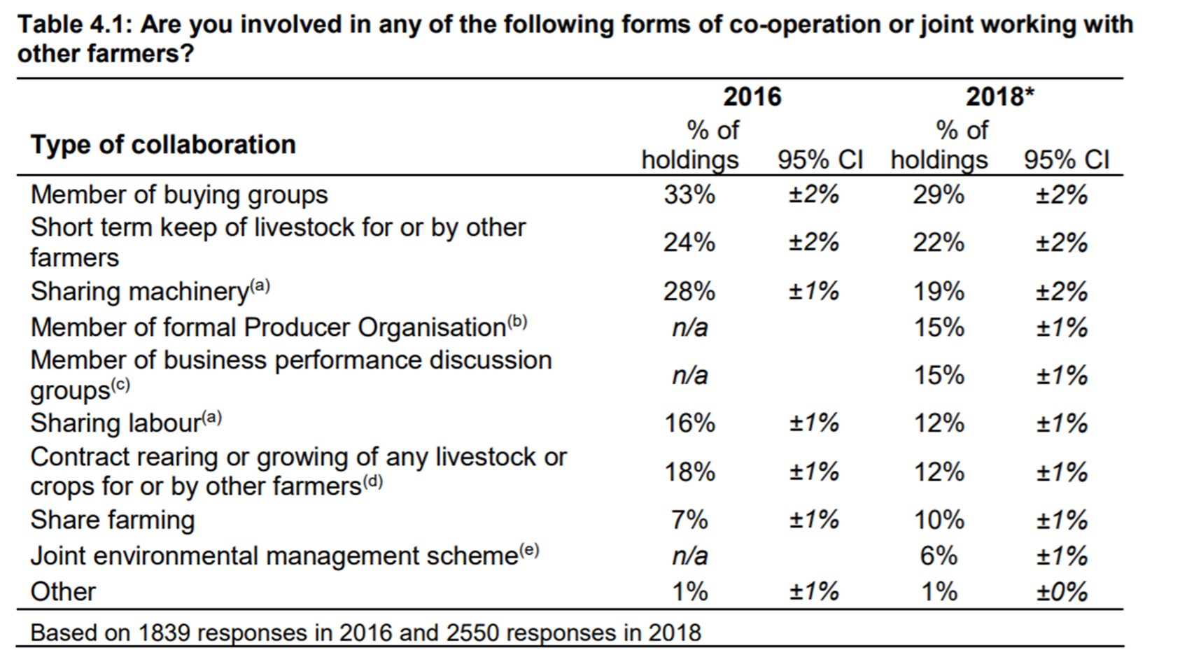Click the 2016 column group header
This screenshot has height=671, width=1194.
752,97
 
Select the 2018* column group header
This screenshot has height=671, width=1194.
999,97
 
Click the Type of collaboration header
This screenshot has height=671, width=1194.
163,145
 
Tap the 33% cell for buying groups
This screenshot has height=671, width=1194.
689,195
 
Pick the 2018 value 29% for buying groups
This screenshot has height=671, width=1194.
938,195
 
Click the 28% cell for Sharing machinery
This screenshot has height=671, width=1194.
689,291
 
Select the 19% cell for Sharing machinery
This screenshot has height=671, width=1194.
938,291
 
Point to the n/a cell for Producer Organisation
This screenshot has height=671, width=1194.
689,327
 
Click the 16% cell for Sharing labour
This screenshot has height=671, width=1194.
689,423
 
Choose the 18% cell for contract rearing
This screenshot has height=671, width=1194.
689,472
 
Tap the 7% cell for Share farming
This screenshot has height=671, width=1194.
689,520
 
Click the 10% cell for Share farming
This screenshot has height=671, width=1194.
938,520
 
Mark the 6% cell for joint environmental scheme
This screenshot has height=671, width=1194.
938,556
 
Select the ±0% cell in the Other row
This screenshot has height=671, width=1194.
1061,593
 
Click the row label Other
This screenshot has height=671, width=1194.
63,592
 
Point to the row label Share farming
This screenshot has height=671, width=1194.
113,520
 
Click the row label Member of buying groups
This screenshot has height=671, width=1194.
179,195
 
